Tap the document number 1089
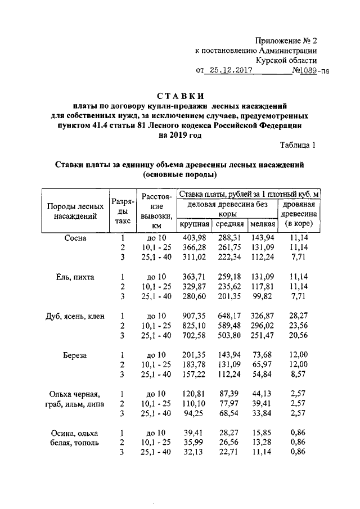[305, 71]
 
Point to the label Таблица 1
[299, 146]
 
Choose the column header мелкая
[263, 224]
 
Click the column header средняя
[229, 224]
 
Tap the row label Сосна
[75, 238]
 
